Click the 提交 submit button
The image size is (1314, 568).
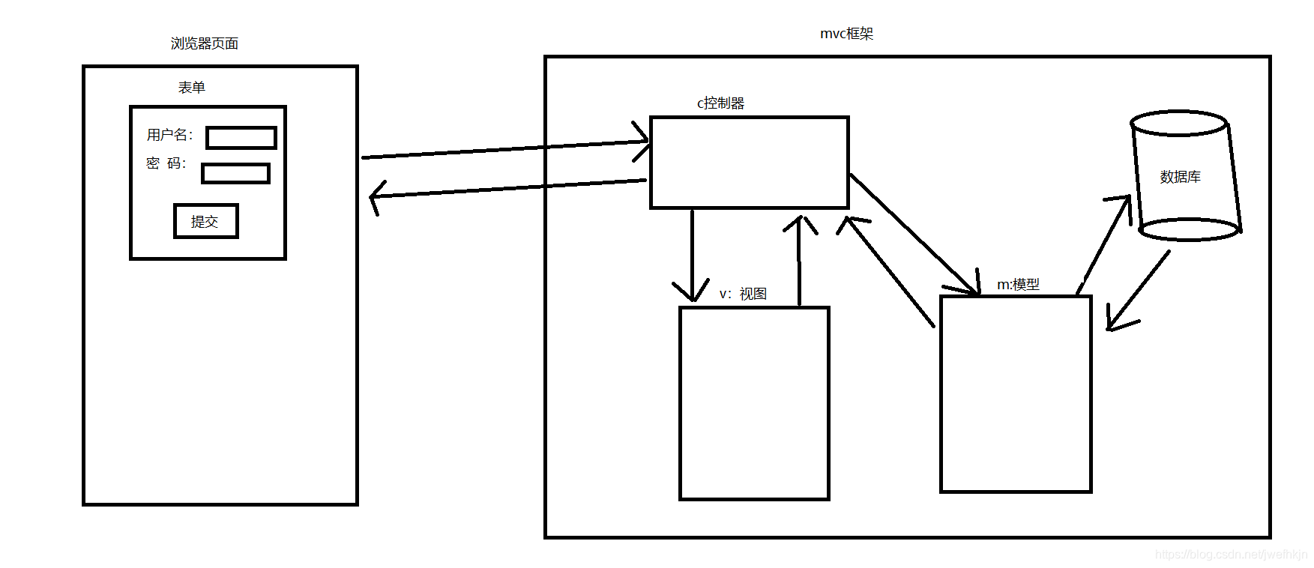pyautogui.click(x=205, y=222)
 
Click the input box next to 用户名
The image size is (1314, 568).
pyautogui.click(x=241, y=138)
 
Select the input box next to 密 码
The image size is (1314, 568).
pyautogui.click(x=235, y=173)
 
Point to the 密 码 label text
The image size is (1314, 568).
pyautogui.click(x=166, y=163)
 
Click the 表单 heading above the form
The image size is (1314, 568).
pyautogui.click(x=192, y=88)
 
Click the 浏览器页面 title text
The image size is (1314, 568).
pyautogui.click(x=205, y=43)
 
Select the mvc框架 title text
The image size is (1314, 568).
pyautogui.click(x=847, y=34)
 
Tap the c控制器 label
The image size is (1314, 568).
pyautogui.click(x=721, y=103)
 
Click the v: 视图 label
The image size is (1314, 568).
pyautogui.click(x=743, y=294)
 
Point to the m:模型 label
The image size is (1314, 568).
pyautogui.click(x=1018, y=285)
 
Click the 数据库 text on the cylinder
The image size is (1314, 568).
pyautogui.click(x=1180, y=177)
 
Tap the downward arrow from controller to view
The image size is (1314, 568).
pyautogui.click(x=692, y=255)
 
